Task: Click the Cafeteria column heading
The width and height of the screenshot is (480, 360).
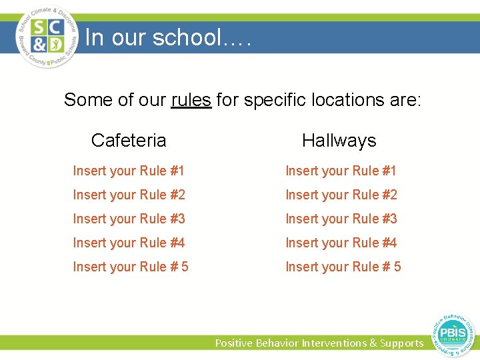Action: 129,140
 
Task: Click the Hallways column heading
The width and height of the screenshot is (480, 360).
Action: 339,140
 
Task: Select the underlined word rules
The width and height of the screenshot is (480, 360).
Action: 191,100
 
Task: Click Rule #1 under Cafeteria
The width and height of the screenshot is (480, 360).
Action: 129,171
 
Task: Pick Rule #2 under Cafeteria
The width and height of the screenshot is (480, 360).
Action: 129,195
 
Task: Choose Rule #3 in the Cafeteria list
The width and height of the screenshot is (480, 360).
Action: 129,219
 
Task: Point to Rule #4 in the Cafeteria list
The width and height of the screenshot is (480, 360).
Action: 129,243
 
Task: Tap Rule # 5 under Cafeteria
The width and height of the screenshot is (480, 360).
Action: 131,267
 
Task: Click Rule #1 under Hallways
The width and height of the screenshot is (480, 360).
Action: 341,171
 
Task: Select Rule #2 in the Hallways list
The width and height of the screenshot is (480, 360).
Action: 341,195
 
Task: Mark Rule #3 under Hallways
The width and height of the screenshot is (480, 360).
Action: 341,219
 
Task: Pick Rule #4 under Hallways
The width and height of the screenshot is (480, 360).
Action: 341,243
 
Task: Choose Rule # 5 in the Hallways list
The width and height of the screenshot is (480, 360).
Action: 343,267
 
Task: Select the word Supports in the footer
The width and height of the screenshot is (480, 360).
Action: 401,343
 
